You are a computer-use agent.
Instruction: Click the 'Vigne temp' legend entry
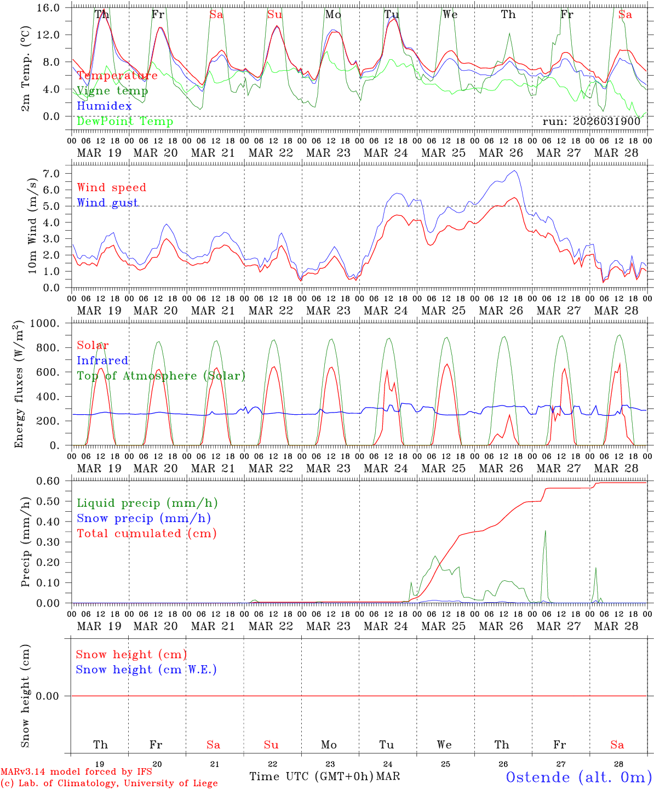(112, 91)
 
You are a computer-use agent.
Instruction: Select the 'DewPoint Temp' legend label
(125, 122)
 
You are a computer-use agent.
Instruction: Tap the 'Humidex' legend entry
(104, 106)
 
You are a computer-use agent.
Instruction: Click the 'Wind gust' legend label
(107, 203)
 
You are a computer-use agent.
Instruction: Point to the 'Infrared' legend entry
(102, 361)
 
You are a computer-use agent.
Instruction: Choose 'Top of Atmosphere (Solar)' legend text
(161, 376)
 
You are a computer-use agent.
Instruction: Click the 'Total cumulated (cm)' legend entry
(146, 534)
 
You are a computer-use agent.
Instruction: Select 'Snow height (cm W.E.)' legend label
(146, 670)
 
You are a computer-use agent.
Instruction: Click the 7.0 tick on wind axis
(54, 174)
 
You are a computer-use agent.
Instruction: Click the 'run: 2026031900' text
(591, 122)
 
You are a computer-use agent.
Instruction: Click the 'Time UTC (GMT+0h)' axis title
(311, 776)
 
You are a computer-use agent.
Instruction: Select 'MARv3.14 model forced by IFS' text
(76, 772)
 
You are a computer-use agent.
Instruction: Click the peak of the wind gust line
(514, 171)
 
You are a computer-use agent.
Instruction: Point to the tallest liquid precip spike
(545, 530)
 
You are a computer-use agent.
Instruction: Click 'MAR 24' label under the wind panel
(386, 311)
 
